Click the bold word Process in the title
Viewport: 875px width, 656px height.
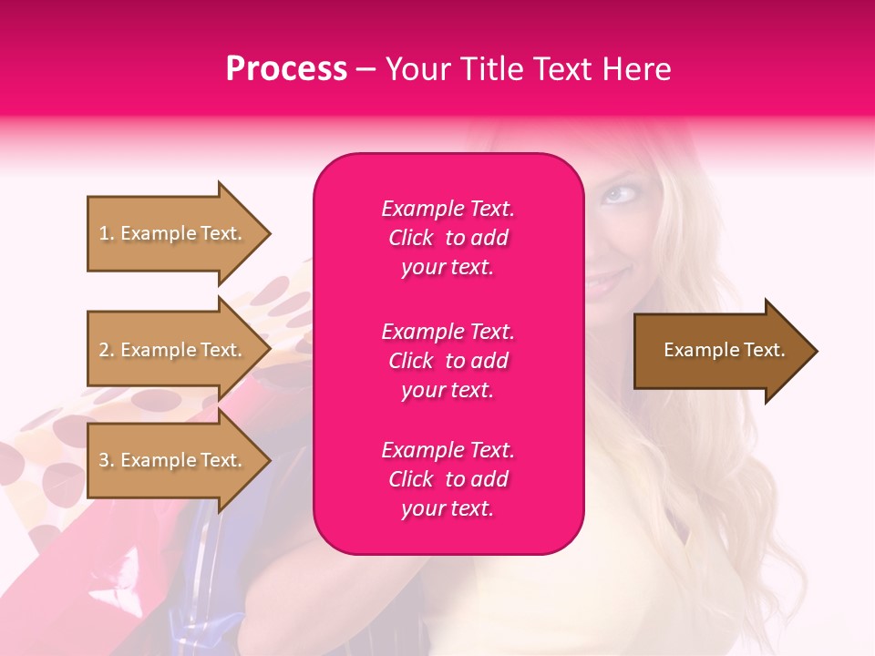pyautogui.click(x=286, y=69)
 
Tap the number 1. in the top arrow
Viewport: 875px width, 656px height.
pyautogui.click(x=107, y=233)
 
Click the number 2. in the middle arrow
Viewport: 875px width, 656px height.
pyautogui.click(x=107, y=350)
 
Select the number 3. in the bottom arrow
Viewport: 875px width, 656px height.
pyautogui.click(x=107, y=460)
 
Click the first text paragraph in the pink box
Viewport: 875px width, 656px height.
pyautogui.click(x=448, y=238)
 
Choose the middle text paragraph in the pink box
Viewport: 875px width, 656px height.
pyautogui.click(x=448, y=361)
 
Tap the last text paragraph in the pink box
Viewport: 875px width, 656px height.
pyautogui.click(x=448, y=479)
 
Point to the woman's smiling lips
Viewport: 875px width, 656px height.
pyautogui.click(x=602, y=282)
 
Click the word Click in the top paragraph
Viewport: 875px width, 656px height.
pyautogui.click(x=410, y=238)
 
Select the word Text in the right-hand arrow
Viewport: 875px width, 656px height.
pyautogui.click(x=763, y=350)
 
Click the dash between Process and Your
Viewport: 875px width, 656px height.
pyautogui.click(x=365, y=70)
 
